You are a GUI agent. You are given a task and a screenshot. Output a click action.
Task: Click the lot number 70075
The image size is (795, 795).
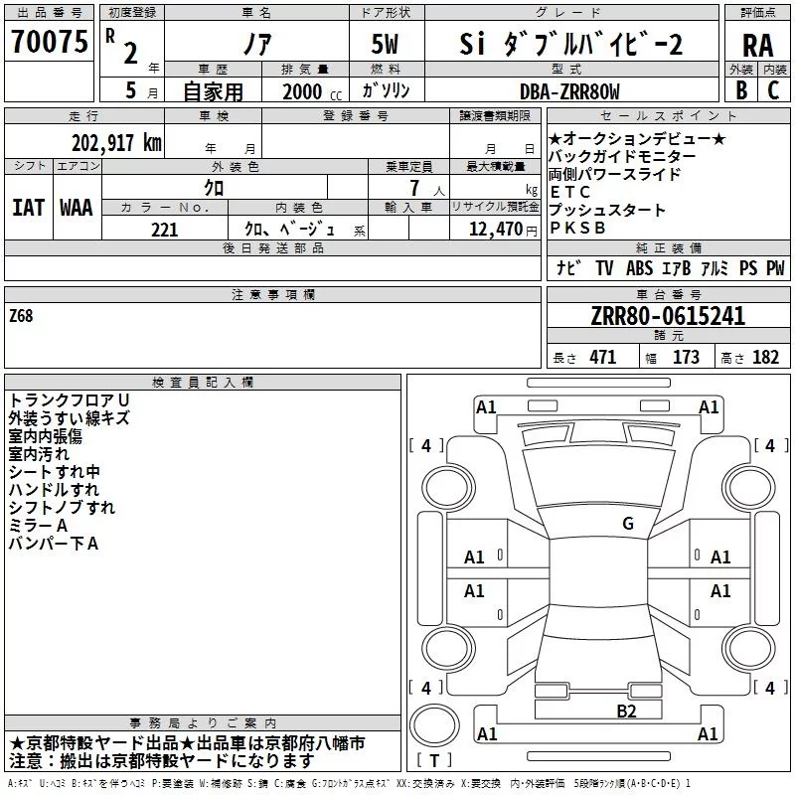coord(49,41)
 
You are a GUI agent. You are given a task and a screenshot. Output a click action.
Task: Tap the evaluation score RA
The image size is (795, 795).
coord(758,46)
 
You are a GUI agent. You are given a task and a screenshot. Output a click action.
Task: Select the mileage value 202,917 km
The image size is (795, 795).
coord(116,143)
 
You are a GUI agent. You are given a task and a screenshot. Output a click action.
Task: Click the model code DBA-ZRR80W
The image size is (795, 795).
coord(569,91)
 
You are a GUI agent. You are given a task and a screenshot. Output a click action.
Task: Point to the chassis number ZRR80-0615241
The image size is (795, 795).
coord(668,316)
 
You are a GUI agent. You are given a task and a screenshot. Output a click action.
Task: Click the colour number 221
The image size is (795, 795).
coord(164,230)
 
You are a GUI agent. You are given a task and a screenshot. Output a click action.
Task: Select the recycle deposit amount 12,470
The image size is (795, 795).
coord(495,230)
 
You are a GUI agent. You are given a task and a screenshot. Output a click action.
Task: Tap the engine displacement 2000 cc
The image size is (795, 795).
coord(312,91)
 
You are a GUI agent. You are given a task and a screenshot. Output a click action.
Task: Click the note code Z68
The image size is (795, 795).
coord(21,316)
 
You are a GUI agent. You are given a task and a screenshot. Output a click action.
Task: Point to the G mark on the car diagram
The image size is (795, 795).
coord(628,523)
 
